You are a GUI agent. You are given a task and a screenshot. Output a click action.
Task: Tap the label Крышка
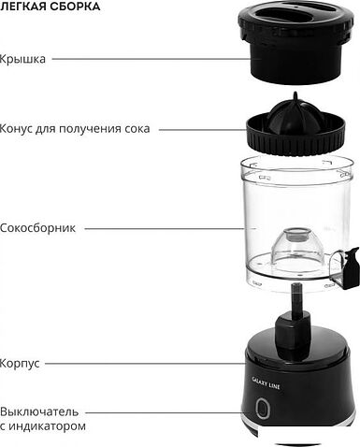[23, 58]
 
